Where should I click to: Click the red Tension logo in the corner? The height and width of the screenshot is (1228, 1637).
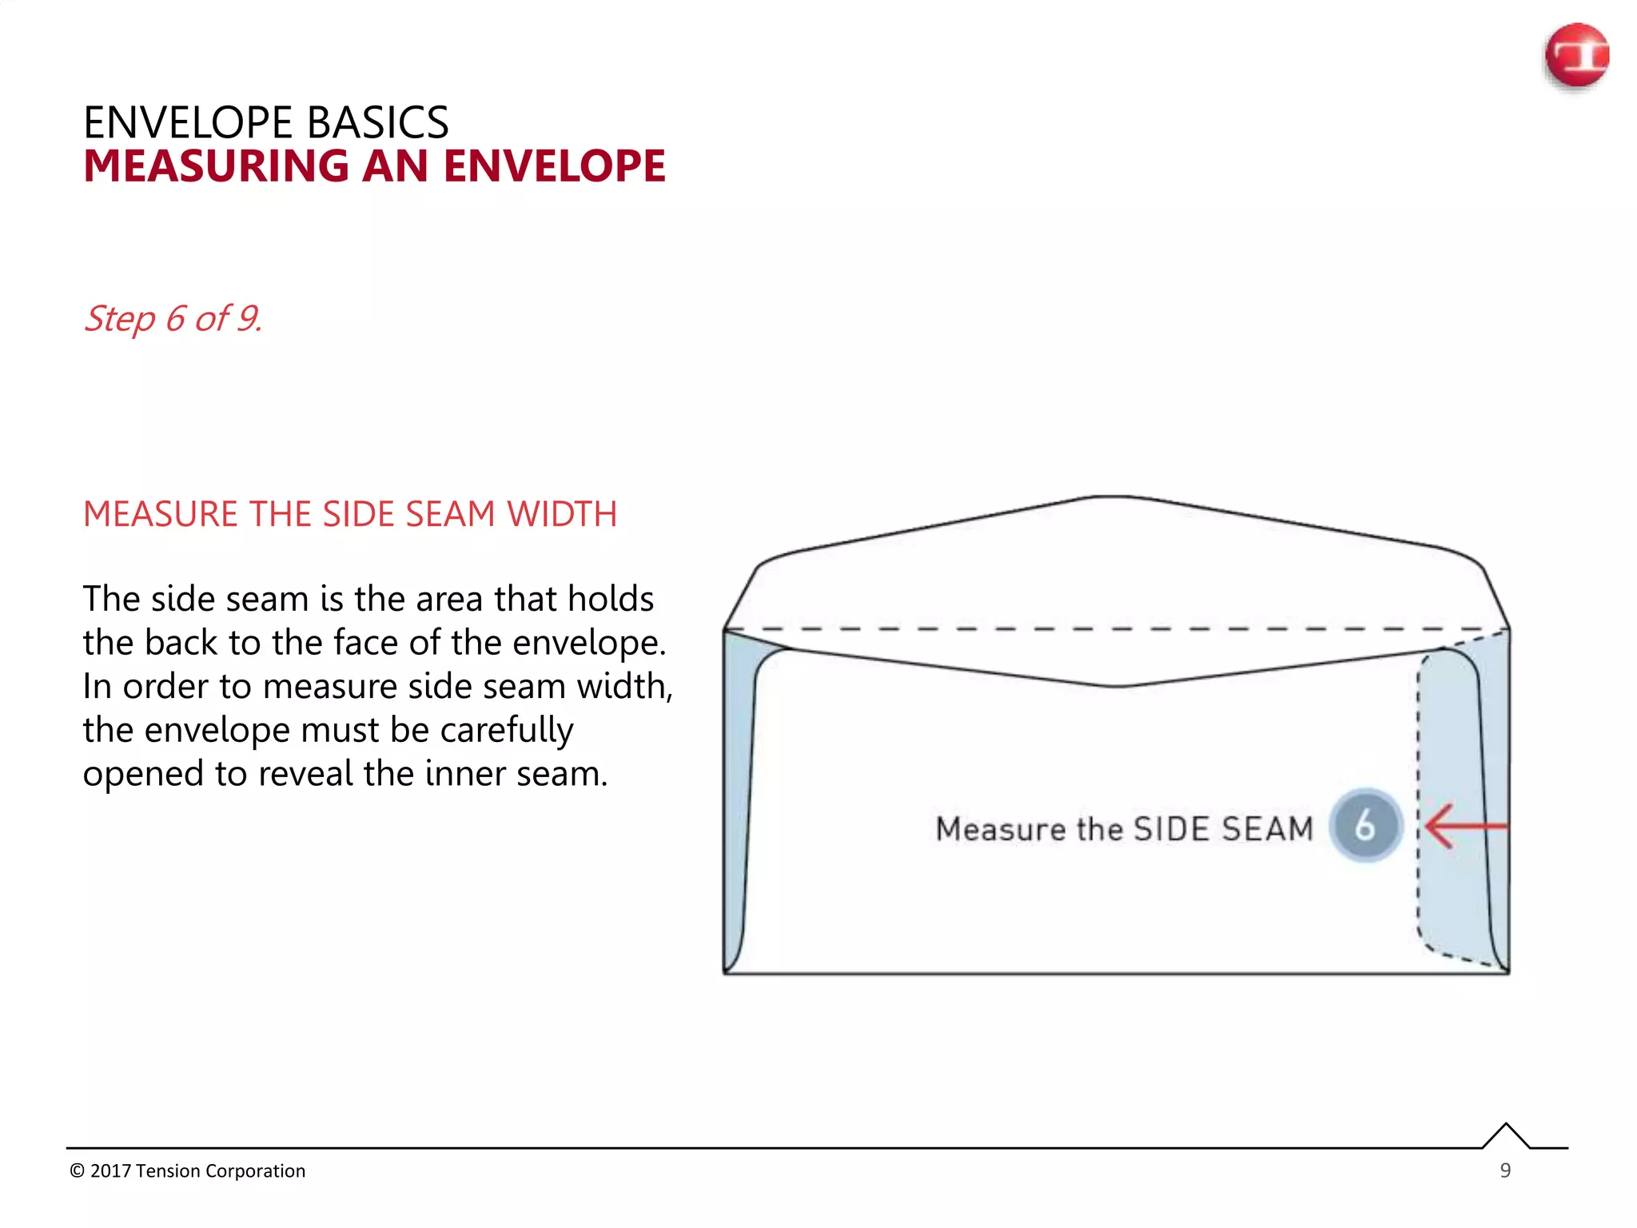point(1576,56)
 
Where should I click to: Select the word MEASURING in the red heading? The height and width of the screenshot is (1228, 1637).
point(216,166)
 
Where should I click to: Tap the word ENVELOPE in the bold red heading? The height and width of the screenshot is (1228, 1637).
point(554,166)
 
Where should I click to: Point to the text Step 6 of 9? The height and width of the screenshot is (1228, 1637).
point(173,318)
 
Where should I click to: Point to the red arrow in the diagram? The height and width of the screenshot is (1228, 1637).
point(1463,826)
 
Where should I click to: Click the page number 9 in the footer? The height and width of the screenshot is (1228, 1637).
point(1505,1170)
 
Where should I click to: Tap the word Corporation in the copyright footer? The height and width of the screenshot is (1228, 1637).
point(255,1171)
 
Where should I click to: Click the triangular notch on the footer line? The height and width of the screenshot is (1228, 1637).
point(1506,1136)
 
